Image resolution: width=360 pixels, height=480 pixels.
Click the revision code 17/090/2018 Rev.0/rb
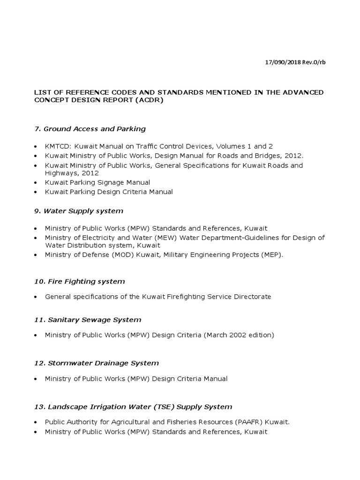(x=294, y=63)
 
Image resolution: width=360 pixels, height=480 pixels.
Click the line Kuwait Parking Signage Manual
(x=97, y=182)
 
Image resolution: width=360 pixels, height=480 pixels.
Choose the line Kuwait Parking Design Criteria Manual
(x=109, y=192)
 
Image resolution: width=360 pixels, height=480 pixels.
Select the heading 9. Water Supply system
(x=79, y=211)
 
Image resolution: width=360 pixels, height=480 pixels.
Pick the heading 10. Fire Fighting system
(x=79, y=281)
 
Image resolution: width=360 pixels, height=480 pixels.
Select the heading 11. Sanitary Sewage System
(x=88, y=320)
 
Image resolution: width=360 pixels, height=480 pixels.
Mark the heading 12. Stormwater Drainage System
(x=97, y=363)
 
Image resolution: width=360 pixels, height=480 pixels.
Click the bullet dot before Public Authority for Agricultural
(x=36, y=422)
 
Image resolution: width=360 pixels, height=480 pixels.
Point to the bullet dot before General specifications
(x=36, y=297)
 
